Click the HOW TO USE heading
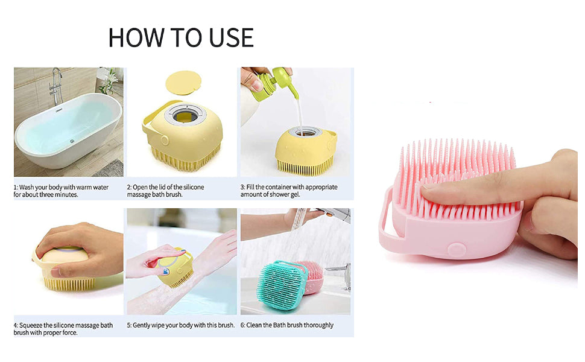[x=181, y=37]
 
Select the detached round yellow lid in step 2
[x=183, y=82]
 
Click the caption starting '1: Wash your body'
[x=61, y=191]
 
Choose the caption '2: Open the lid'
[x=165, y=191]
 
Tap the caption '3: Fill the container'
[x=289, y=191]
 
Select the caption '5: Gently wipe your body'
[x=180, y=325]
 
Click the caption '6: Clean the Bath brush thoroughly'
[x=286, y=325]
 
